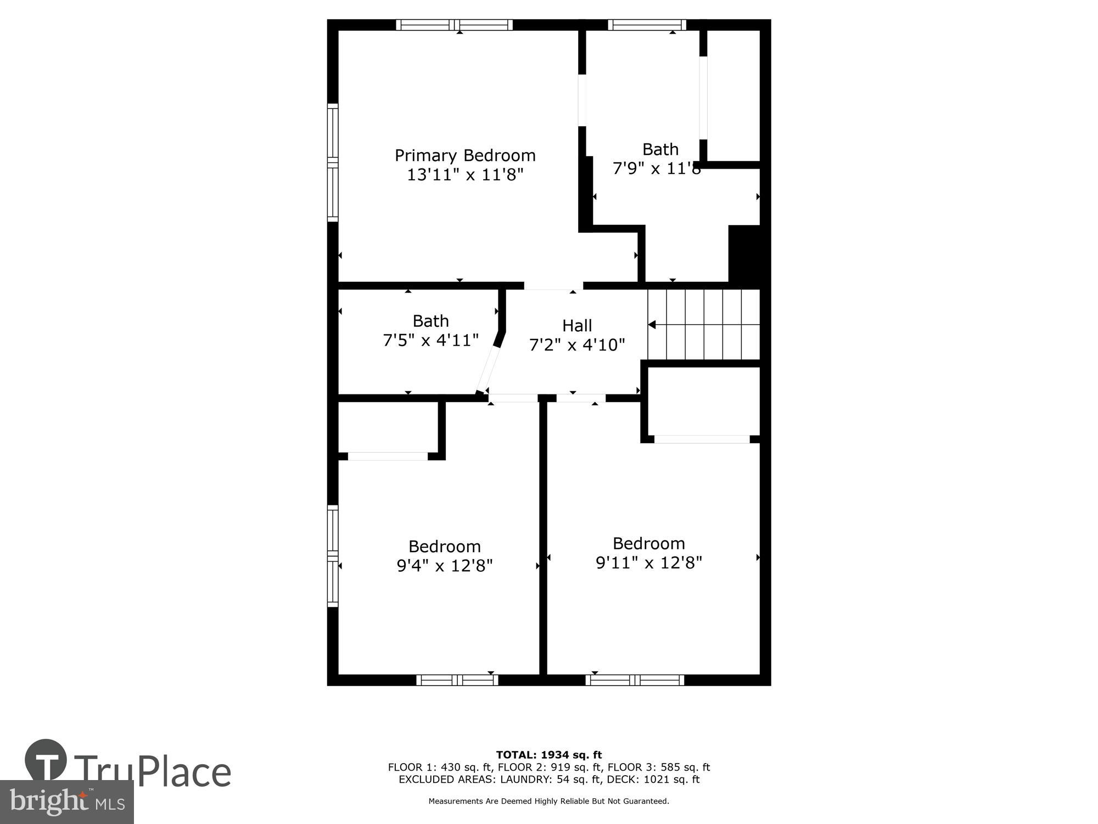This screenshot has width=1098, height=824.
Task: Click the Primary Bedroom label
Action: [x=465, y=155]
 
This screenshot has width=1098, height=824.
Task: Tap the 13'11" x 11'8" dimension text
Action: [x=465, y=175]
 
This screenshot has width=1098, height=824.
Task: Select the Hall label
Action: [x=577, y=326]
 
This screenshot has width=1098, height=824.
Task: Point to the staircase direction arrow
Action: [x=652, y=325]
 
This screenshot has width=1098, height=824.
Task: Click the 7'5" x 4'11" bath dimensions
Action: [x=430, y=341]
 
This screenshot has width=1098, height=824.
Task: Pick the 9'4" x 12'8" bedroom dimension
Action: [x=445, y=566]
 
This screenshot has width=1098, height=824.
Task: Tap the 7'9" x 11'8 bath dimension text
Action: [x=657, y=169]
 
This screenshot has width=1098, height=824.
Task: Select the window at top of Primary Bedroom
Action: [x=454, y=25]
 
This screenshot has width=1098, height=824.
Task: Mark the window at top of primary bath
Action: [x=647, y=25]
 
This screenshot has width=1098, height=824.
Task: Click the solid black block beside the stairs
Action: [x=744, y=256]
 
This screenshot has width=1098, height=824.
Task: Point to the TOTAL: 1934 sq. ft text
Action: [x=549, y=755]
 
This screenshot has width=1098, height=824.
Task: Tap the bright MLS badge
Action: [x=66, y=803]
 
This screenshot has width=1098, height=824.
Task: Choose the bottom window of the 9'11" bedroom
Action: [x=635, y=680]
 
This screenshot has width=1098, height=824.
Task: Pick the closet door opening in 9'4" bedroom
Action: [x=388, y=456]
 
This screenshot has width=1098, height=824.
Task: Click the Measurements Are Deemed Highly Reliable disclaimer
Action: [x=549, y=801]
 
